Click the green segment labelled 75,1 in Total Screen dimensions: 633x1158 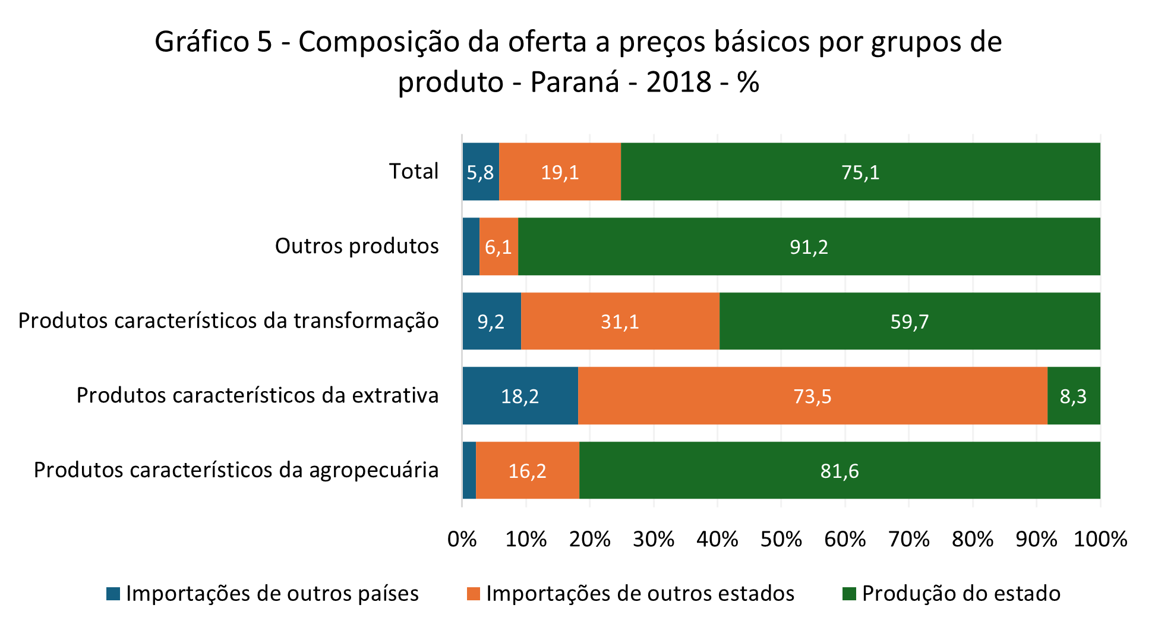click(x=860, y=172)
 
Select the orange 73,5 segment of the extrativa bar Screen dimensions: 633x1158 click(x=812, y=396)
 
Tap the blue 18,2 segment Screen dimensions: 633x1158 click(x=520, y=396)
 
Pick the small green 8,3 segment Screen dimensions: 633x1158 click(x=1074, y=396)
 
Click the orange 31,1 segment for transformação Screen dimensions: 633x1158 click(x=620, y=322)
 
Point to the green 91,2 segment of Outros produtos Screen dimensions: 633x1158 click(x=809, y=247)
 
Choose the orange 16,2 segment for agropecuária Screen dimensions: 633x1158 click(x=527, y=471)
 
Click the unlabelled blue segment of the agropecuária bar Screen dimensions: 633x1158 click(x=469, y=471)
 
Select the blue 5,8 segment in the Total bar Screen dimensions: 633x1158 click(x=480, y=172)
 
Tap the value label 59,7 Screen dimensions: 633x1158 click(x=910, y=322)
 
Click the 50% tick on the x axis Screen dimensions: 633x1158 click(x=781, y=539)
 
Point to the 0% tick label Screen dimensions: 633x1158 click(x=462, y=539)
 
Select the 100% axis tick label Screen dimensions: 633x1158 click(x=1100, y=539)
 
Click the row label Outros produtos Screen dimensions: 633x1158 click(x=356, y=246)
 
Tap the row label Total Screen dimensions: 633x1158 click(x=414, y=171)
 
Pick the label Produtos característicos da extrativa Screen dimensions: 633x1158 click(x=257, y=395)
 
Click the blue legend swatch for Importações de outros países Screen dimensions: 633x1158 click(x=113, y=594)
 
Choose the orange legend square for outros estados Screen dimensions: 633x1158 click(x=474, y=594)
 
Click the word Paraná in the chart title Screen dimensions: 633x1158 click(x=575, y=82)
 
